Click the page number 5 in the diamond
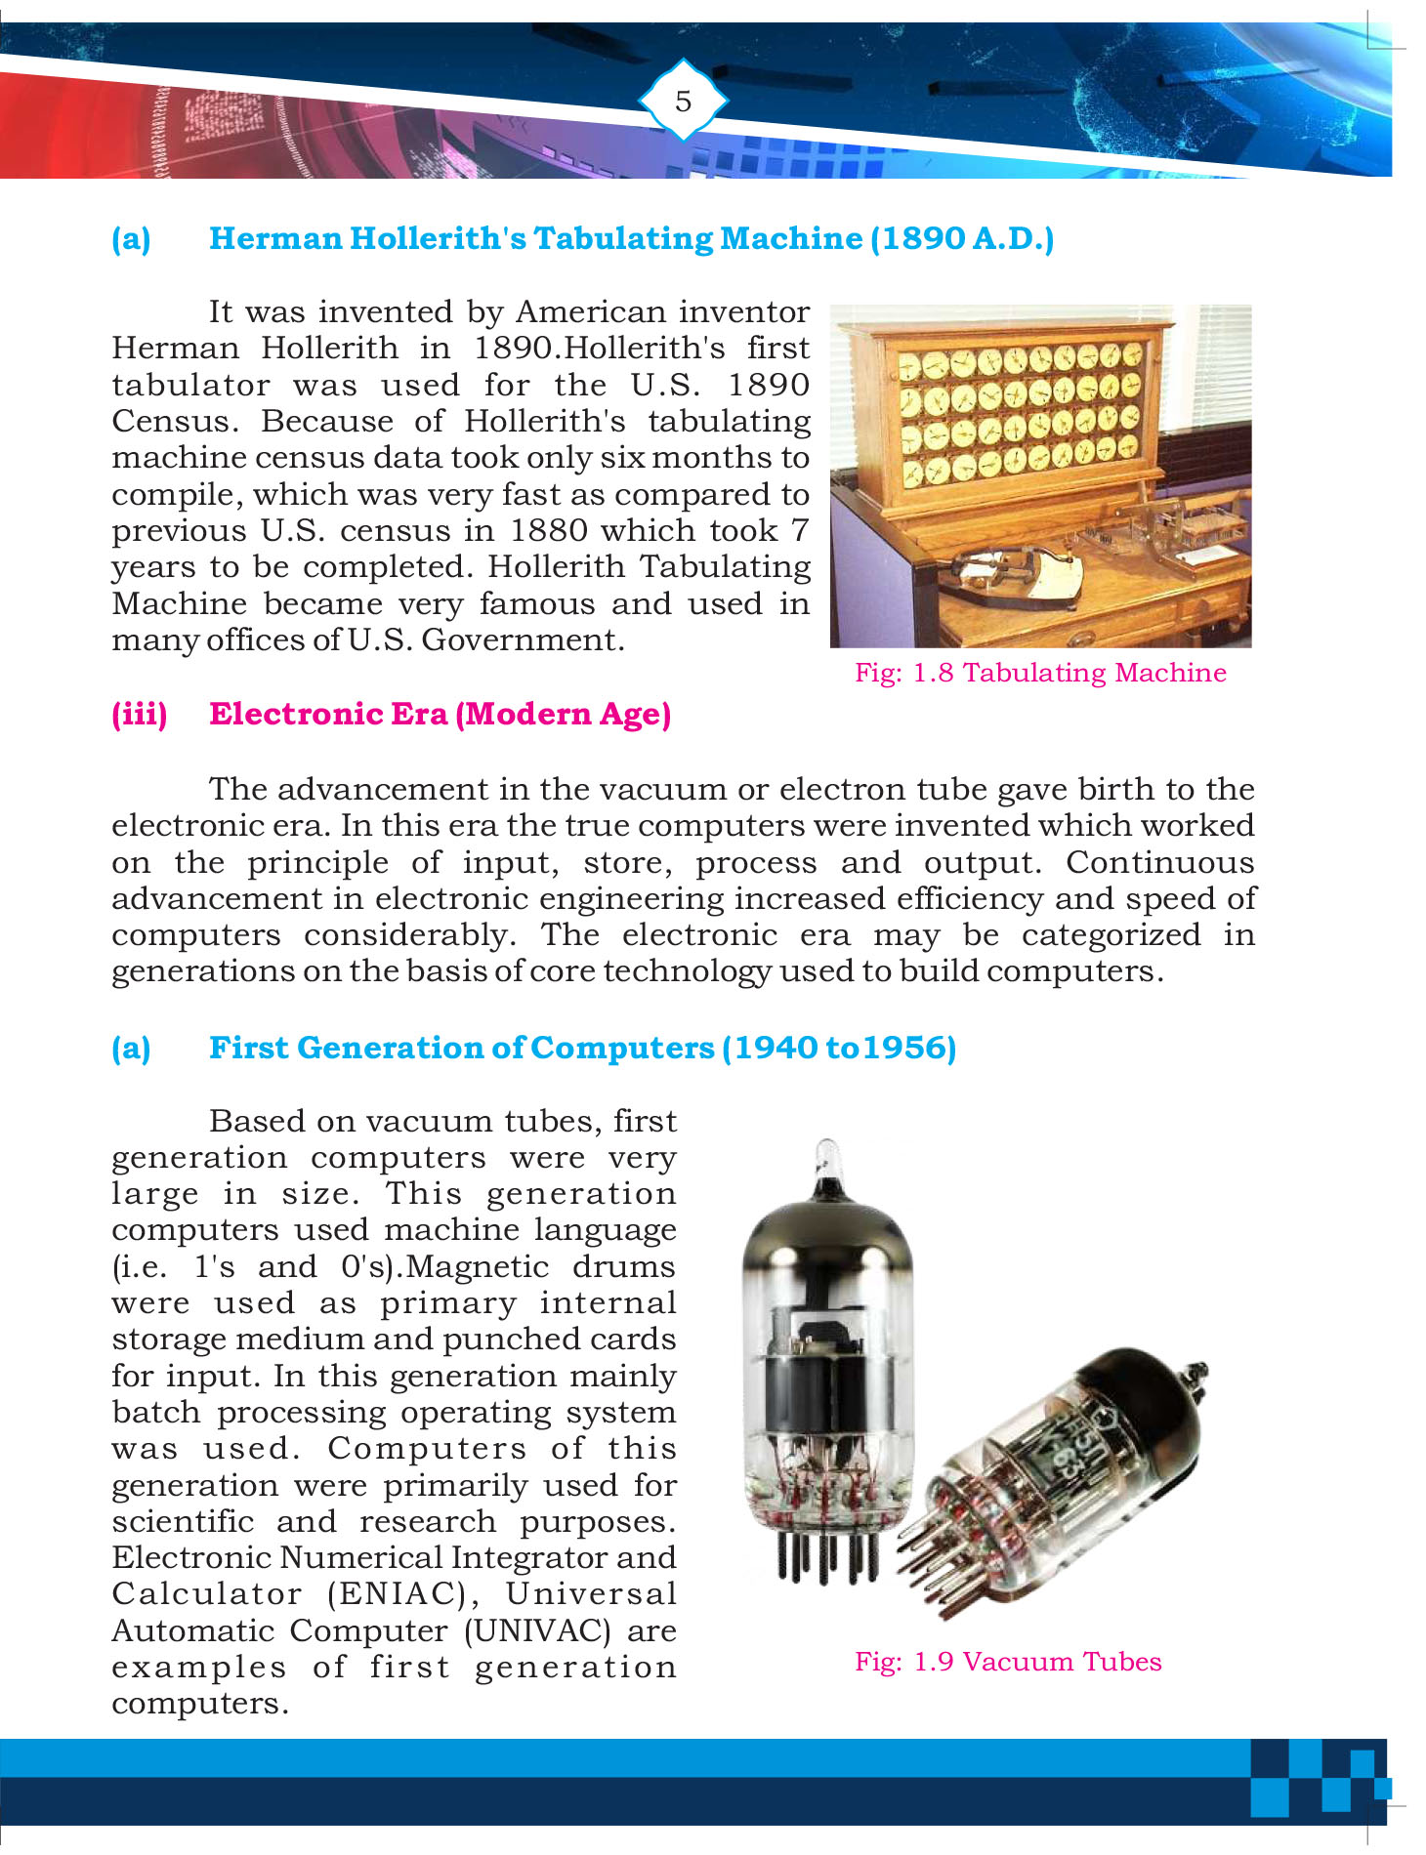tap(683, 101)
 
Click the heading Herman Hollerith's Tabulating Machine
tap(631, 238)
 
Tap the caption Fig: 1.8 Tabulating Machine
tap(1040, 673)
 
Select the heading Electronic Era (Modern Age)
tap(440, 714)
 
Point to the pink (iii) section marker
tap(140, 714)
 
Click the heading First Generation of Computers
tap(582, 1048)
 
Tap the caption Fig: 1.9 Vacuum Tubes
tap(1008, 1662)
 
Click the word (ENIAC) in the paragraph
tap(402, 1594)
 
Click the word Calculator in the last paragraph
tap(207, 1594)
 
